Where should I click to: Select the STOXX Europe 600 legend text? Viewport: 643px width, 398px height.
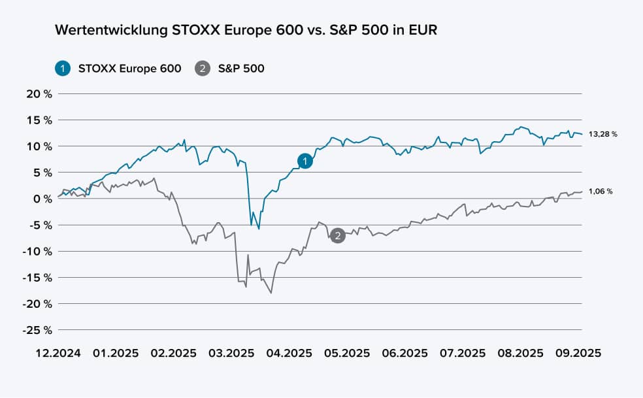(129, 68)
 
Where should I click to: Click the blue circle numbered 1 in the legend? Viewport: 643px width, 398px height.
(63, 68)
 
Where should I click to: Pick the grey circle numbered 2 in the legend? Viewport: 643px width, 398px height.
(203, 68)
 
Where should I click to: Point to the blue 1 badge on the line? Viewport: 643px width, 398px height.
(305, 161)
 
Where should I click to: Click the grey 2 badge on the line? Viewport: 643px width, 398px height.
(337, 236)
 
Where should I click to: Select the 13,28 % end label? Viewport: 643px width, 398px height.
(603, 134)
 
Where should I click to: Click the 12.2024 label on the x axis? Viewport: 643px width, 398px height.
(58, 352)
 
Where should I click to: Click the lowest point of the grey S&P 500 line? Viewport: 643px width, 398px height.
(271, 293)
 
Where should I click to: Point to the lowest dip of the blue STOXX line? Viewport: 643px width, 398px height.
(259, 229)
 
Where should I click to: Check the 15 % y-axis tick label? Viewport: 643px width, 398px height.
(39, 120)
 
